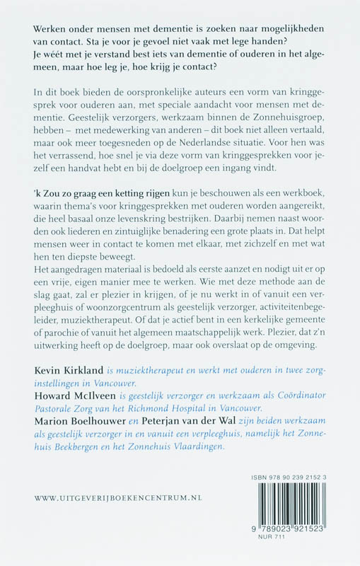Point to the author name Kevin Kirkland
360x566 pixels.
point(68,370)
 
